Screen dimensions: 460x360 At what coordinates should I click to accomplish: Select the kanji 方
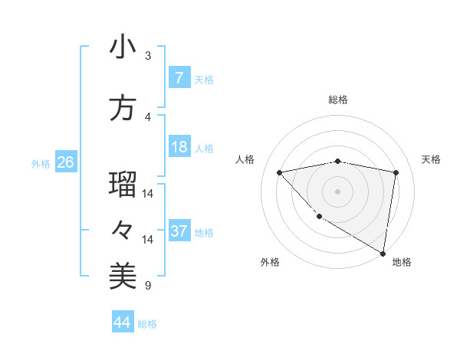123,108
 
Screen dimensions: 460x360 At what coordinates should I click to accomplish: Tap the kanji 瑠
123,185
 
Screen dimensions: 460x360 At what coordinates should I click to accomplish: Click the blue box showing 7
179,78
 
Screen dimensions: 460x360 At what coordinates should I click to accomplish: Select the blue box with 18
179,147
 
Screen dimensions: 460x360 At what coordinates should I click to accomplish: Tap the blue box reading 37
179,231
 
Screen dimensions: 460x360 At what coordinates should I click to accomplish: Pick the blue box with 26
65,162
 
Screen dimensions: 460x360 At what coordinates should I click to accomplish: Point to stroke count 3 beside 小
148,56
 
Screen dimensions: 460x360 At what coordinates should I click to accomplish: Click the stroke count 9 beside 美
148,286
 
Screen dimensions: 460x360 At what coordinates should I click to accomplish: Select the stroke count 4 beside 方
148,117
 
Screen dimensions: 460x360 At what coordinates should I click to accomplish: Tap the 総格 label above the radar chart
338,100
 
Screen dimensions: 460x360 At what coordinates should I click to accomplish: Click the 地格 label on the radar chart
402,262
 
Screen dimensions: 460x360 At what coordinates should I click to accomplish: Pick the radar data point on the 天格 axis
396,172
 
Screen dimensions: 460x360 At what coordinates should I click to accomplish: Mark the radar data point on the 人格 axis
280,172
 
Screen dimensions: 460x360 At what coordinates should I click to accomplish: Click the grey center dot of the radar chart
338,191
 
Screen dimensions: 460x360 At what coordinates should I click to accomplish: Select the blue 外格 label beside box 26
40,163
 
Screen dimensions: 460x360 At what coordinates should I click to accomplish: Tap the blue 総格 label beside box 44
147,323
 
